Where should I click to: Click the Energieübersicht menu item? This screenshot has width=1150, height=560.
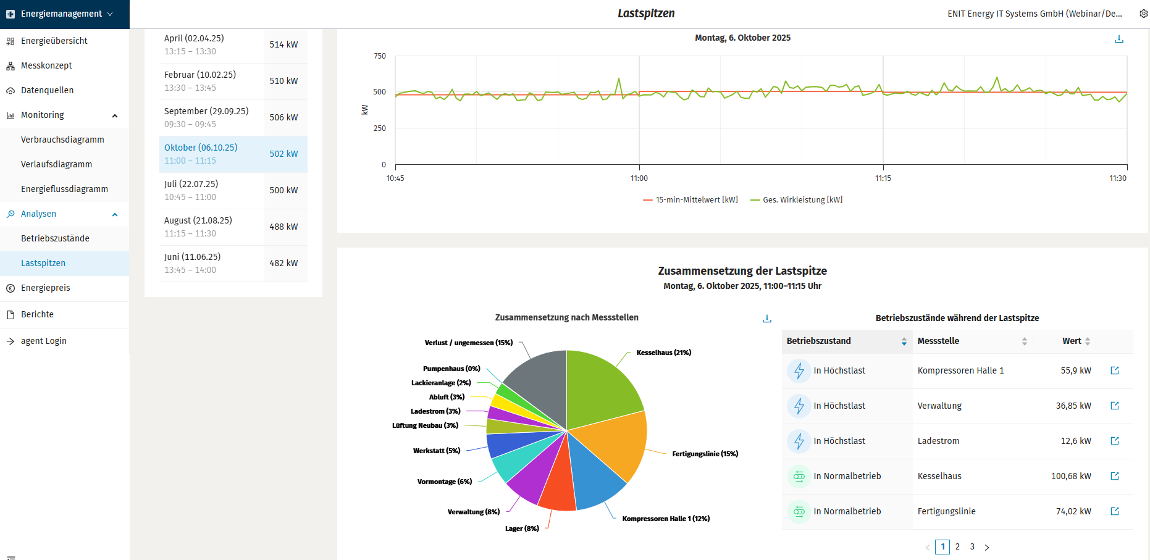(x=54, y=41)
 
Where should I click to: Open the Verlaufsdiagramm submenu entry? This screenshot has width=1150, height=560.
(x=56, y=164)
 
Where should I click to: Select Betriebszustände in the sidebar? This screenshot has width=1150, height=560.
(x=55, y=238)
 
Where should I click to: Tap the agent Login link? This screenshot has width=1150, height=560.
(x=43, y=341)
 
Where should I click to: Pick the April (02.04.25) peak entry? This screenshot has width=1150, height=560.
(x=194, y=38)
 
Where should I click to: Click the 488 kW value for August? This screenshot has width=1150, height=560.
(x=283, y=227)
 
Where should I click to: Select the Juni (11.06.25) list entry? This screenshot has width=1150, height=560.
(x=192, y=257)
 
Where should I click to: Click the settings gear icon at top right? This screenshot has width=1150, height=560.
(x=1143, y=14)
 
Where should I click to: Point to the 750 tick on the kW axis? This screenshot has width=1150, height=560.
(x=380, y=56)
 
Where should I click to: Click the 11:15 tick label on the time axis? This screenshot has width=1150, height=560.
(x=883, y=178)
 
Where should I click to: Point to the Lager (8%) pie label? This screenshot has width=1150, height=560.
(x=522, y=529)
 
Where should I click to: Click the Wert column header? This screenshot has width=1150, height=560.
(x=1072, y=341)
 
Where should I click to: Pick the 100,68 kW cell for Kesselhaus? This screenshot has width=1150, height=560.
(x=1071, y=476)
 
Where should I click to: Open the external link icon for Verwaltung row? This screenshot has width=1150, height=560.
(x=1115, y=406)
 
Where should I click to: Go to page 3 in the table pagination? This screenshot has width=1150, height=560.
(x=972, y=546)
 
